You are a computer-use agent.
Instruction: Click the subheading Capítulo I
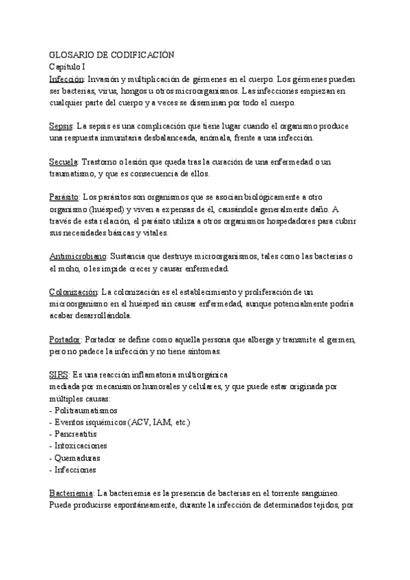click(x=67, y=67)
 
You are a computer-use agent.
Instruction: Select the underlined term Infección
click(x=67, y=79)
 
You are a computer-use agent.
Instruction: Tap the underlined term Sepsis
click(x=61, y=127)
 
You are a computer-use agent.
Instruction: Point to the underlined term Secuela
click(x=65, y=162)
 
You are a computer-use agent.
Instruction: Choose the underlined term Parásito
click(x=65, y=197)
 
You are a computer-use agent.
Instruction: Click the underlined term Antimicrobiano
click(x=78, y=256)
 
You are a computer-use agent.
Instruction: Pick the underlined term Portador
click(x=66, y=339)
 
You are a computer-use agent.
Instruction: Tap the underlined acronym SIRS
click(x=59, y=375)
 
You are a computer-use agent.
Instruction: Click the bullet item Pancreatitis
click(x=77, y=434)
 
